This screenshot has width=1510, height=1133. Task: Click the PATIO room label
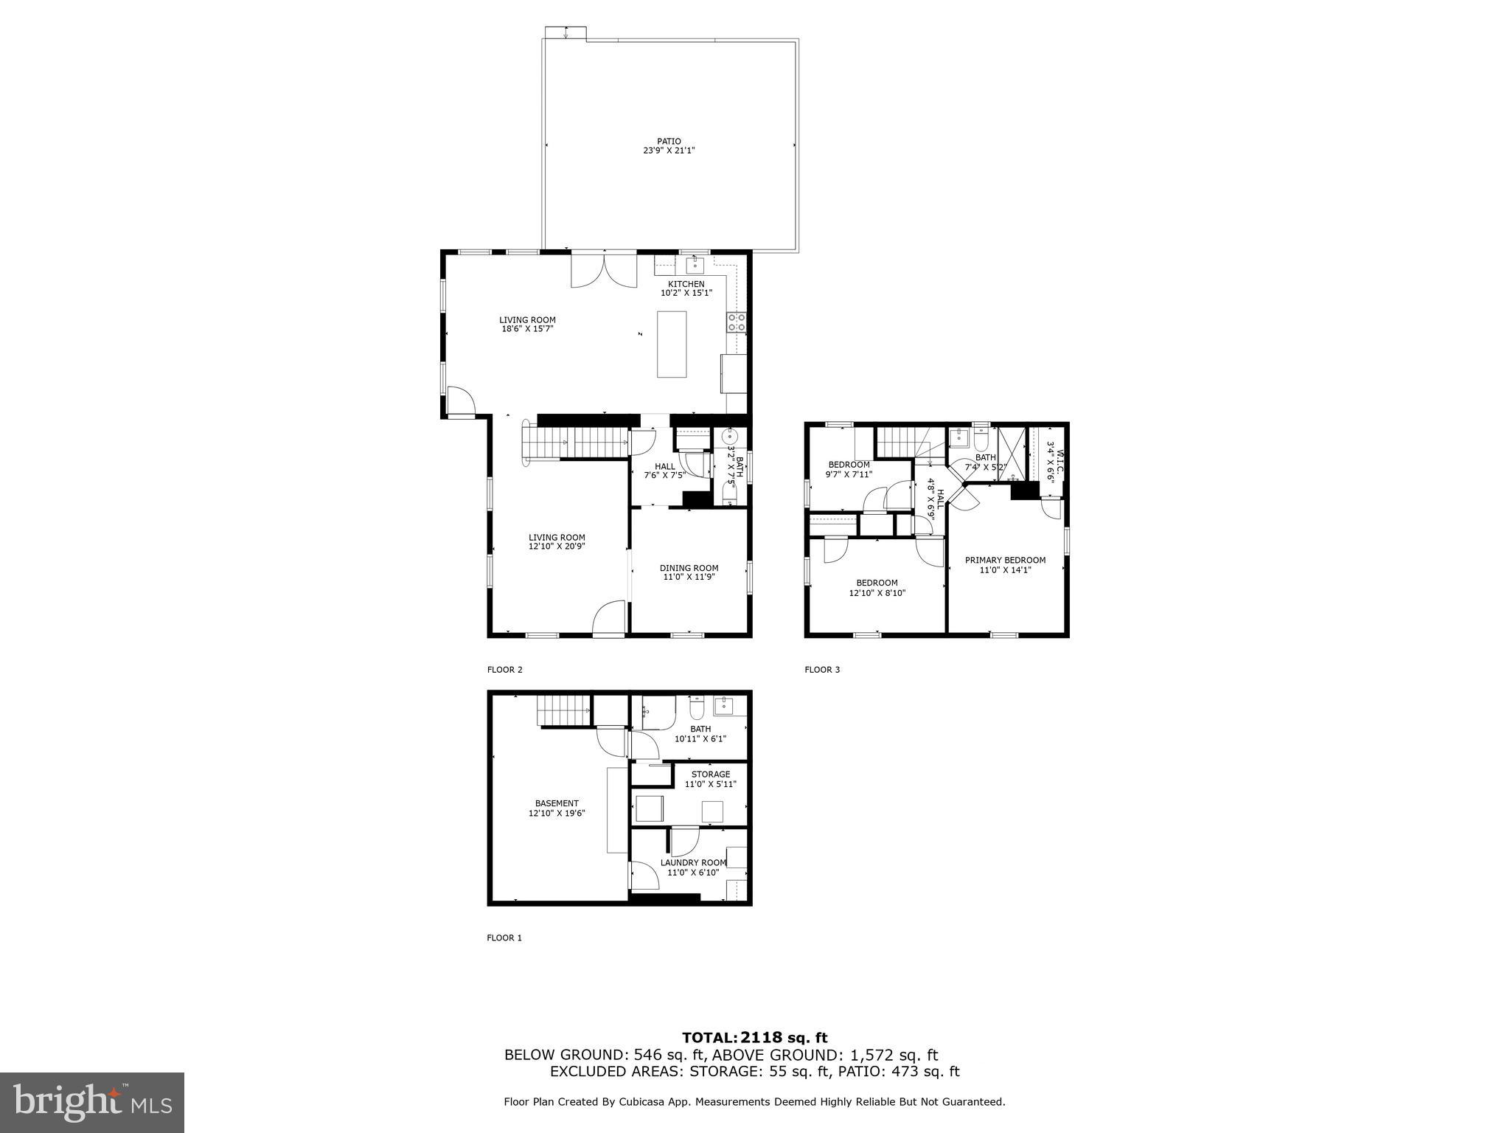tap(669, 141)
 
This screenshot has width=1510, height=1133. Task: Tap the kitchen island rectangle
tap(672, 344)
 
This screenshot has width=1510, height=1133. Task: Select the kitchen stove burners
tap(736, 322)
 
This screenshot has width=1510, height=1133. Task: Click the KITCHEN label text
tap(686, 284)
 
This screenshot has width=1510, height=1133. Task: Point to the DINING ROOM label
tap(689, 568)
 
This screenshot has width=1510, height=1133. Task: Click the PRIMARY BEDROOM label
tap(1005, 560)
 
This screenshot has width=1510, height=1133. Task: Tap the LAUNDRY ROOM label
tap(693, 862)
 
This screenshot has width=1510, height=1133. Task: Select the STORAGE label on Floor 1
tap(711, 775)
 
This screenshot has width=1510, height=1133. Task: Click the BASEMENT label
tap(557, 803)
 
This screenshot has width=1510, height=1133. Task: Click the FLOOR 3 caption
tap(821, 670)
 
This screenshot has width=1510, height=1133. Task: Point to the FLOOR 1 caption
tap(504, 938)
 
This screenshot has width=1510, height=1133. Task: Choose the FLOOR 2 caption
tap(504, 670)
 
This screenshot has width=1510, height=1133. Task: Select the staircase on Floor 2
tap(575, 445)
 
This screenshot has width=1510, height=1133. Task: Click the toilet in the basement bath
tap(696, 709)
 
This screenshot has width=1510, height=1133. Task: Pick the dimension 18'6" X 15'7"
tap(527, 329)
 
